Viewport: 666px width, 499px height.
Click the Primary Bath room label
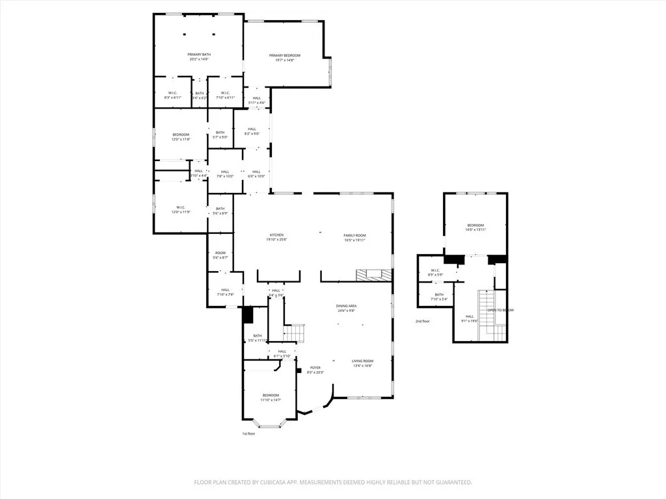pos(199,57)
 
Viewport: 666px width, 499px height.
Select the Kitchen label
pos(277,237)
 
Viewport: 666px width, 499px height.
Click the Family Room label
pos(355,237)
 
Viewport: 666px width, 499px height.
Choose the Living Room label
pos(363,363)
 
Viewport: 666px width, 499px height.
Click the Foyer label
pos(315,370)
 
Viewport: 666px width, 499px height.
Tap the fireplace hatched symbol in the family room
pos(375,274)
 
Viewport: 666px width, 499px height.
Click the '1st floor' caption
pos(249,433)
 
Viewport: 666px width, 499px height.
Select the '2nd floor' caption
pos(423,321)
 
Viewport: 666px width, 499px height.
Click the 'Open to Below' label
pos(501,310)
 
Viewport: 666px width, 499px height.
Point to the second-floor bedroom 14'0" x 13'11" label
pos(476,227)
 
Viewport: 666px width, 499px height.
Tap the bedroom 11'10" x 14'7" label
pos(271,397)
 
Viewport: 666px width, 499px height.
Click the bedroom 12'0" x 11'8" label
pos(181,136)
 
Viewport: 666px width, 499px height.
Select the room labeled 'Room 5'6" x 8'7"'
pos(220,255)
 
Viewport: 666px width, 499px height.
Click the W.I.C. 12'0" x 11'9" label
pos(181,210)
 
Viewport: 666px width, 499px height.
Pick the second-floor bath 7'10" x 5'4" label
pos(440,297)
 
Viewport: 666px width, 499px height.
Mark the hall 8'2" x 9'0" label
pos(252,131)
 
